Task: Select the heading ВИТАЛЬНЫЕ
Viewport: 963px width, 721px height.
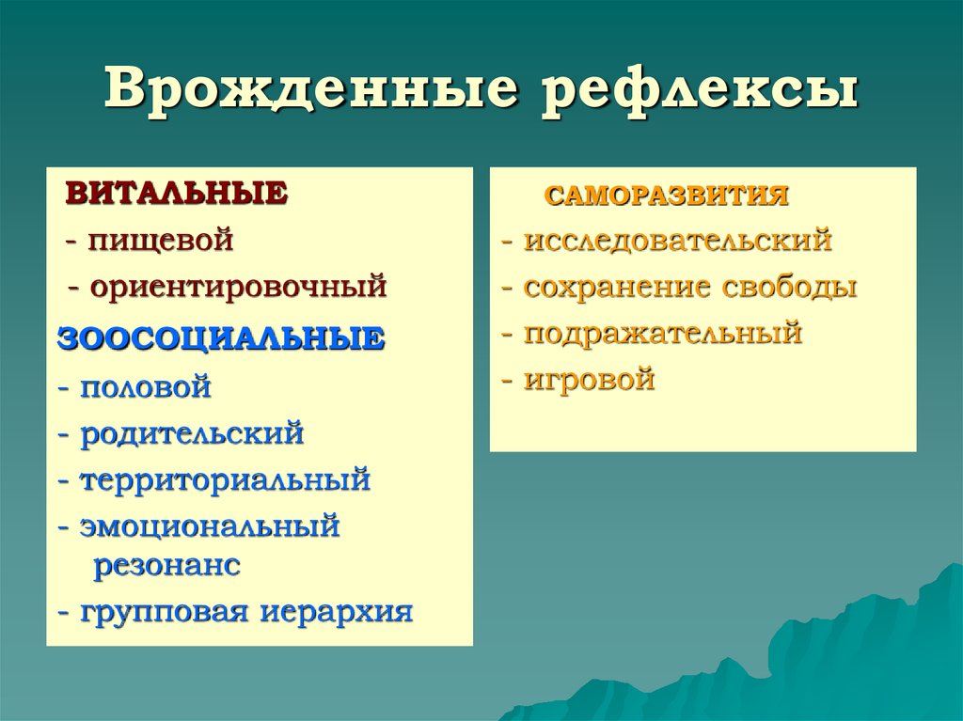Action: (175, 194)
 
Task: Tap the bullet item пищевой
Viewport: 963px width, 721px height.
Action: (161, 240)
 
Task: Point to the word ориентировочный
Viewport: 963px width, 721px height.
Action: (239, 286)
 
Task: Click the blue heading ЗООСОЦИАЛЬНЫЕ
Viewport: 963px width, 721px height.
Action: (221, 337)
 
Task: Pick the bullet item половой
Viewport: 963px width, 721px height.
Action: (146, 385)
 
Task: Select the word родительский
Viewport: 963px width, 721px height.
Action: (192, 433)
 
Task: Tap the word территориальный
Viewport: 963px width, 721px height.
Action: (226, 479)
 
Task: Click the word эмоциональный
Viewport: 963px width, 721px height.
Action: (210, 525)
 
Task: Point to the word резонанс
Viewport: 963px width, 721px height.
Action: (166, 566)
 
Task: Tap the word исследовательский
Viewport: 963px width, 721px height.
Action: (678, 240)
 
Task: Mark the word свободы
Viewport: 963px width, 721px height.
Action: (790, 286)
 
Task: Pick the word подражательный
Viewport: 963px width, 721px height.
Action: (663, 333)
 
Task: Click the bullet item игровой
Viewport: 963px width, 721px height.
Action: (590, 380)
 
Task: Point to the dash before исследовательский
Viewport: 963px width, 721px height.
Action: (507, 242)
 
